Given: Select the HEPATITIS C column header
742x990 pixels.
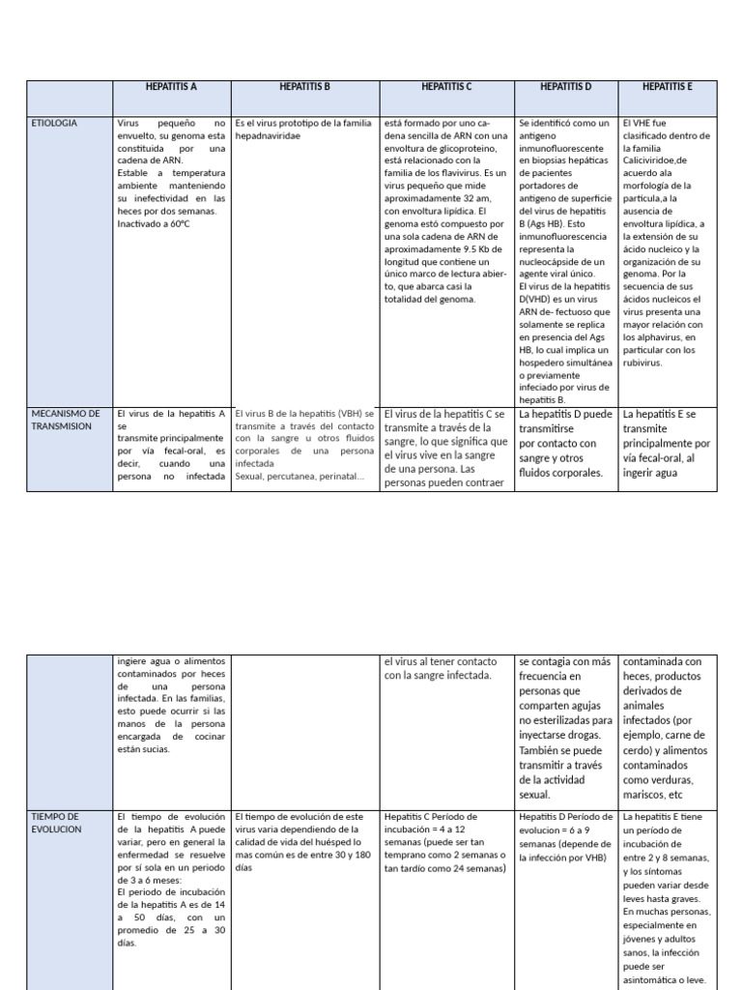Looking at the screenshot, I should [x=446, y=87].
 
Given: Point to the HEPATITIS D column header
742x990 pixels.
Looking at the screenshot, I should [x=566, y=87].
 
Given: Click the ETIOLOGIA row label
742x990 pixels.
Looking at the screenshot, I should [x=55, y=124].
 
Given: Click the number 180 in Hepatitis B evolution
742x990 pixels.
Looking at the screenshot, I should [x=362, y=855].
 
